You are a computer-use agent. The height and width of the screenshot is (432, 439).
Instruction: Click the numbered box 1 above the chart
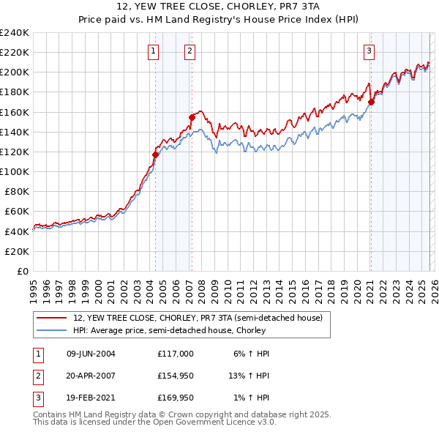point(153,51)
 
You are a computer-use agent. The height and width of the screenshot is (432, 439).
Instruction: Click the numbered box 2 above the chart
point(190,51)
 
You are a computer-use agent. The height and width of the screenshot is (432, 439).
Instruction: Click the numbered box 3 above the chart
point(369,51)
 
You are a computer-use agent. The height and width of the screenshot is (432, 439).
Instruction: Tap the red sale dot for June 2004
point(155,154)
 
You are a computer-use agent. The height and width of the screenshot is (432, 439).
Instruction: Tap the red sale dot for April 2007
point(192,117)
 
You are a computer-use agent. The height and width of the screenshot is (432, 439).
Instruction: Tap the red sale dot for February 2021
point(371,103)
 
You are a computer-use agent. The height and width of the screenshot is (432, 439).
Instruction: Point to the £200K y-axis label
point(14,72)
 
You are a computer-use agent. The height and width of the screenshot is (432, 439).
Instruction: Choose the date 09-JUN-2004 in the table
point(91,354)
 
